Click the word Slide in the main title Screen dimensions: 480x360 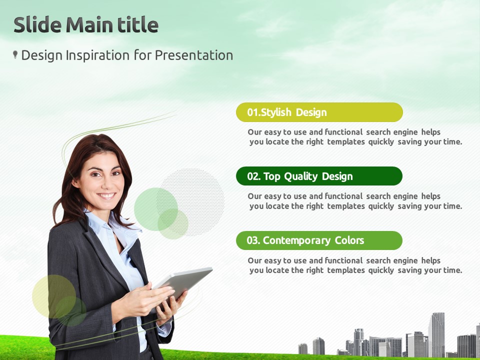click(x=37, y=25)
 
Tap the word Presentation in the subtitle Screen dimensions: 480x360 click(x=194, y=55)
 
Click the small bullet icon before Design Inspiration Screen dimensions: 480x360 click(x=15, y=54)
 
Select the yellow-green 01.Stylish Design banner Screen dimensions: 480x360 click(x=319, y=112)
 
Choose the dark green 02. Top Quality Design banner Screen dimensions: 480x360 click(x=319, y=176)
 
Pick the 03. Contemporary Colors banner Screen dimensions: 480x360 click(x=319, y=240)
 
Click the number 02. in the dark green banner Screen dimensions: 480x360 click(x=254, y=176)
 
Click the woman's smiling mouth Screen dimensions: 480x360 click(x=106, y=195)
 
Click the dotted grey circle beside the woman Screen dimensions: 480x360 click(x=191, y=202)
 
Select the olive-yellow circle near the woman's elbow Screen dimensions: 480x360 click(x=54, y=296)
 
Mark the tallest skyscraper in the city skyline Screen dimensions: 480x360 click(x=436, y=334)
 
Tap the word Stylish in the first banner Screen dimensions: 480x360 click(x=276, y=112)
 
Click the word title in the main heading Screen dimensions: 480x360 click(x=138, y=25)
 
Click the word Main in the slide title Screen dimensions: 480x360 click(x=89, y=25)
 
